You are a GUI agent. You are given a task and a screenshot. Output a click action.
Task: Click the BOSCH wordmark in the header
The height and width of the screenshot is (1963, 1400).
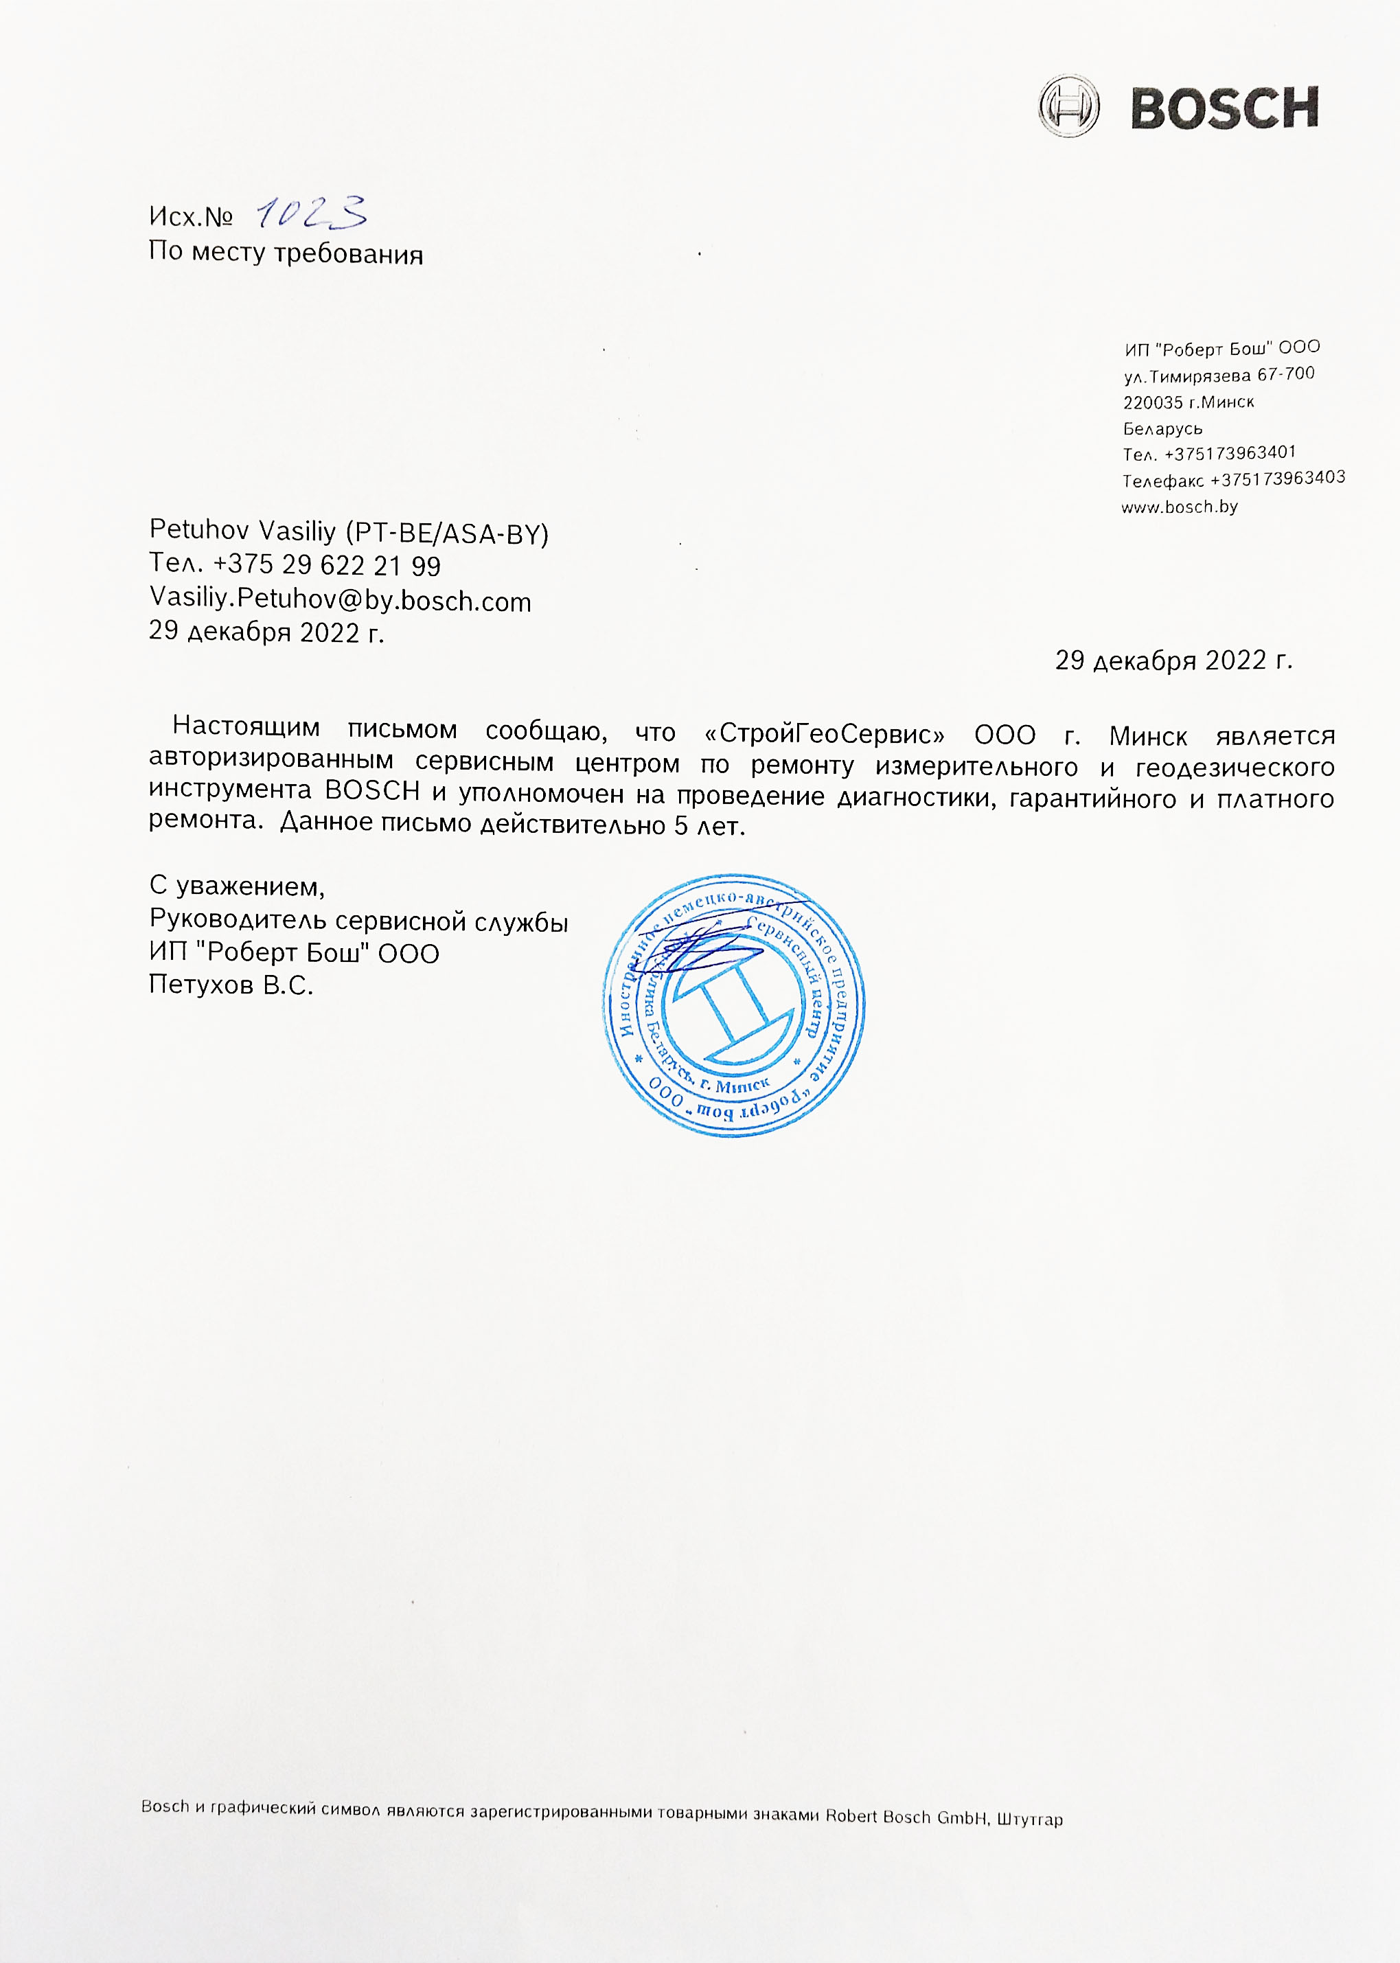pyautogui.click(x=1224, y=108)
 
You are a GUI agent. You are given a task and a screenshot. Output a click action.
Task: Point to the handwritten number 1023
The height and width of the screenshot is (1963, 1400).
pyautogui.click(x=312, y=212)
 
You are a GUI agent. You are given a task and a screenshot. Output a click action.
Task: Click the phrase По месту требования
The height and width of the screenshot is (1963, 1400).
pyautogui.click(x=286, y=253)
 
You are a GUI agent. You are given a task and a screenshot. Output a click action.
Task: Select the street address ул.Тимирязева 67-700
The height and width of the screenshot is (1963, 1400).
pyautogui.click(x=1219, y=375)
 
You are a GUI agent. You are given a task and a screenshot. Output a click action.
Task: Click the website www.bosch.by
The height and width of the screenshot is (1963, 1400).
pyautogui.click(x=1180, y=507)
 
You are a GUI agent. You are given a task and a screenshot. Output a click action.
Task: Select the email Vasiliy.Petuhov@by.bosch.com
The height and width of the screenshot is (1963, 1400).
pyautogui.click(x=340, y=600)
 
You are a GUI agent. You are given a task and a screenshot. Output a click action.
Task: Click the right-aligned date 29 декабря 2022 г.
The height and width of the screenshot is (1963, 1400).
pyautogui.click(x=1173, y=661)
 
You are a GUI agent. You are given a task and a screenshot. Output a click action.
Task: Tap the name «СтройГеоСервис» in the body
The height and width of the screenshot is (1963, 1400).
pyautogui.click(x=824, y=735)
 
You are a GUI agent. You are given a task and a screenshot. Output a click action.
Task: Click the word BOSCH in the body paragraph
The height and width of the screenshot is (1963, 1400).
pyautogui.click(x=371, y=790)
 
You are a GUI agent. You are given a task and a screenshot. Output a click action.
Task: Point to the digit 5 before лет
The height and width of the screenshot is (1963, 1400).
pyautogui.click(x=681, y=826)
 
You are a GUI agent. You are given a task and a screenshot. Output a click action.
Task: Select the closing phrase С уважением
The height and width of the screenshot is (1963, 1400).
pyautogui.click(x=236, y=886)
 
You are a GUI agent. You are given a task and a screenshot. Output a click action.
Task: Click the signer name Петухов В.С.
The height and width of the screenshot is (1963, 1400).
pyautogui.click(x=230, y=985)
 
